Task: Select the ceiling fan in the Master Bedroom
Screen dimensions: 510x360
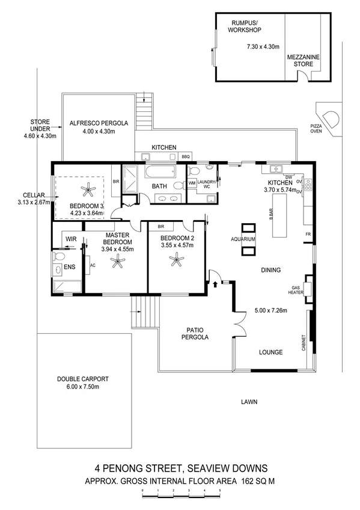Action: click(x=117, y=260)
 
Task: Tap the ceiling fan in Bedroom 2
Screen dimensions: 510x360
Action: click(x=175, y=260)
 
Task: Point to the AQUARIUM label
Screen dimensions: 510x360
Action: click(x=248, y=239)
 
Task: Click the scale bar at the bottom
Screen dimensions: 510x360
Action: click(x=181, y=494)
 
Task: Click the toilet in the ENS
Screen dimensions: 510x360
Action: click(x=58, y=257)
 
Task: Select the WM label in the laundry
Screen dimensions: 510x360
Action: click(x=192, y=183)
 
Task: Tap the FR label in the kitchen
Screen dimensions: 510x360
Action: click(x=308, y=233)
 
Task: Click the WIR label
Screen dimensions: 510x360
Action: click(x=70, y=239)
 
